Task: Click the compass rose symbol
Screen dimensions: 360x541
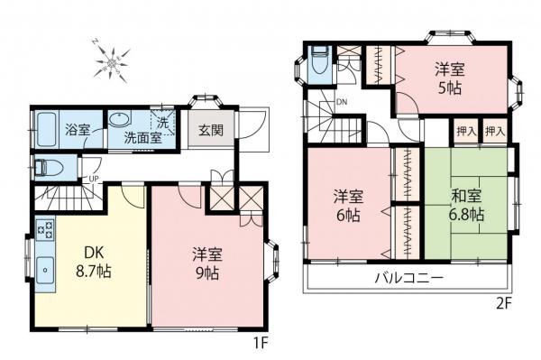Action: pos(111,60)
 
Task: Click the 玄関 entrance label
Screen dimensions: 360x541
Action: pos(210,129)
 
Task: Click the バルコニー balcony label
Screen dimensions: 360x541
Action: pos(408,277)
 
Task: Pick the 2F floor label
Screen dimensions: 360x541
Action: pos(501,302)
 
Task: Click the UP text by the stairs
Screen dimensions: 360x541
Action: pos(94,178)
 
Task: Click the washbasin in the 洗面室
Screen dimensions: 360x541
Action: pos(118,120)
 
